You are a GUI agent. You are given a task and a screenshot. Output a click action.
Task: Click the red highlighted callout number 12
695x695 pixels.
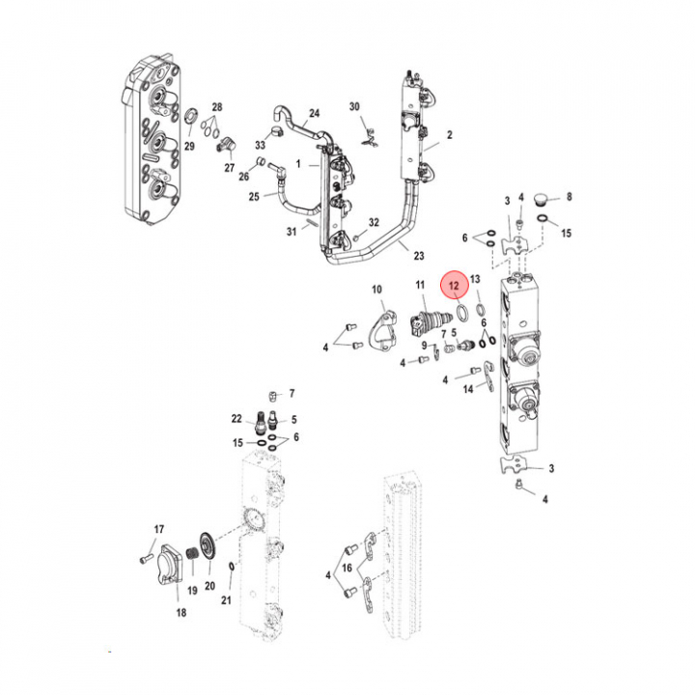pyautogui.click(x=454, y=286)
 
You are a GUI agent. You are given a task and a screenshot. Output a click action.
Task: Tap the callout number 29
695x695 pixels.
pyautogui.click(x=189, y=146)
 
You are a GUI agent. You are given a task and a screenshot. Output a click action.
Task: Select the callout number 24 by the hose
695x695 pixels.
pyautogui.click(x=315, y=114)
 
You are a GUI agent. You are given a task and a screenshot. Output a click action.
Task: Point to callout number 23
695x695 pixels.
pyautogui.click(x=419, y=255)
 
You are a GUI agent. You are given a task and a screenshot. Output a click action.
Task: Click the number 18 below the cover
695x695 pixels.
pyautogui.click(x=181, y=613)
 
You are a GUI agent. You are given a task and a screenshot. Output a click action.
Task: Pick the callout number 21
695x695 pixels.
pyautogui.click(x=226, y=600)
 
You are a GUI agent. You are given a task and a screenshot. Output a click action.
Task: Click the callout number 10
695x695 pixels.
pyautogui.click(x=376, y=290)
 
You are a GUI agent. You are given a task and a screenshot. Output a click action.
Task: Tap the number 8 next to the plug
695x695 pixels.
pyautogui.click(x=570, y=196)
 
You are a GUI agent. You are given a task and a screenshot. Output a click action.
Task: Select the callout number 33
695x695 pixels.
pyautogui.click(x=261, y=145)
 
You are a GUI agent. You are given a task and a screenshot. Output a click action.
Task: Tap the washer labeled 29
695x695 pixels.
pyautogui.click(x=190, y=116)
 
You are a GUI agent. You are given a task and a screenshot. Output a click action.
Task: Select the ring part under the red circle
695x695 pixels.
pyautogui.click(x=461, y=313)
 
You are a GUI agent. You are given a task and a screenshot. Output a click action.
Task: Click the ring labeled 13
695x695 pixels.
pyautogui.click(x=480, y=310)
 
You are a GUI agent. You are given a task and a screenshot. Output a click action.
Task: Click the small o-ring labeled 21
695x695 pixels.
pyautogui.click(x=231, y=567)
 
